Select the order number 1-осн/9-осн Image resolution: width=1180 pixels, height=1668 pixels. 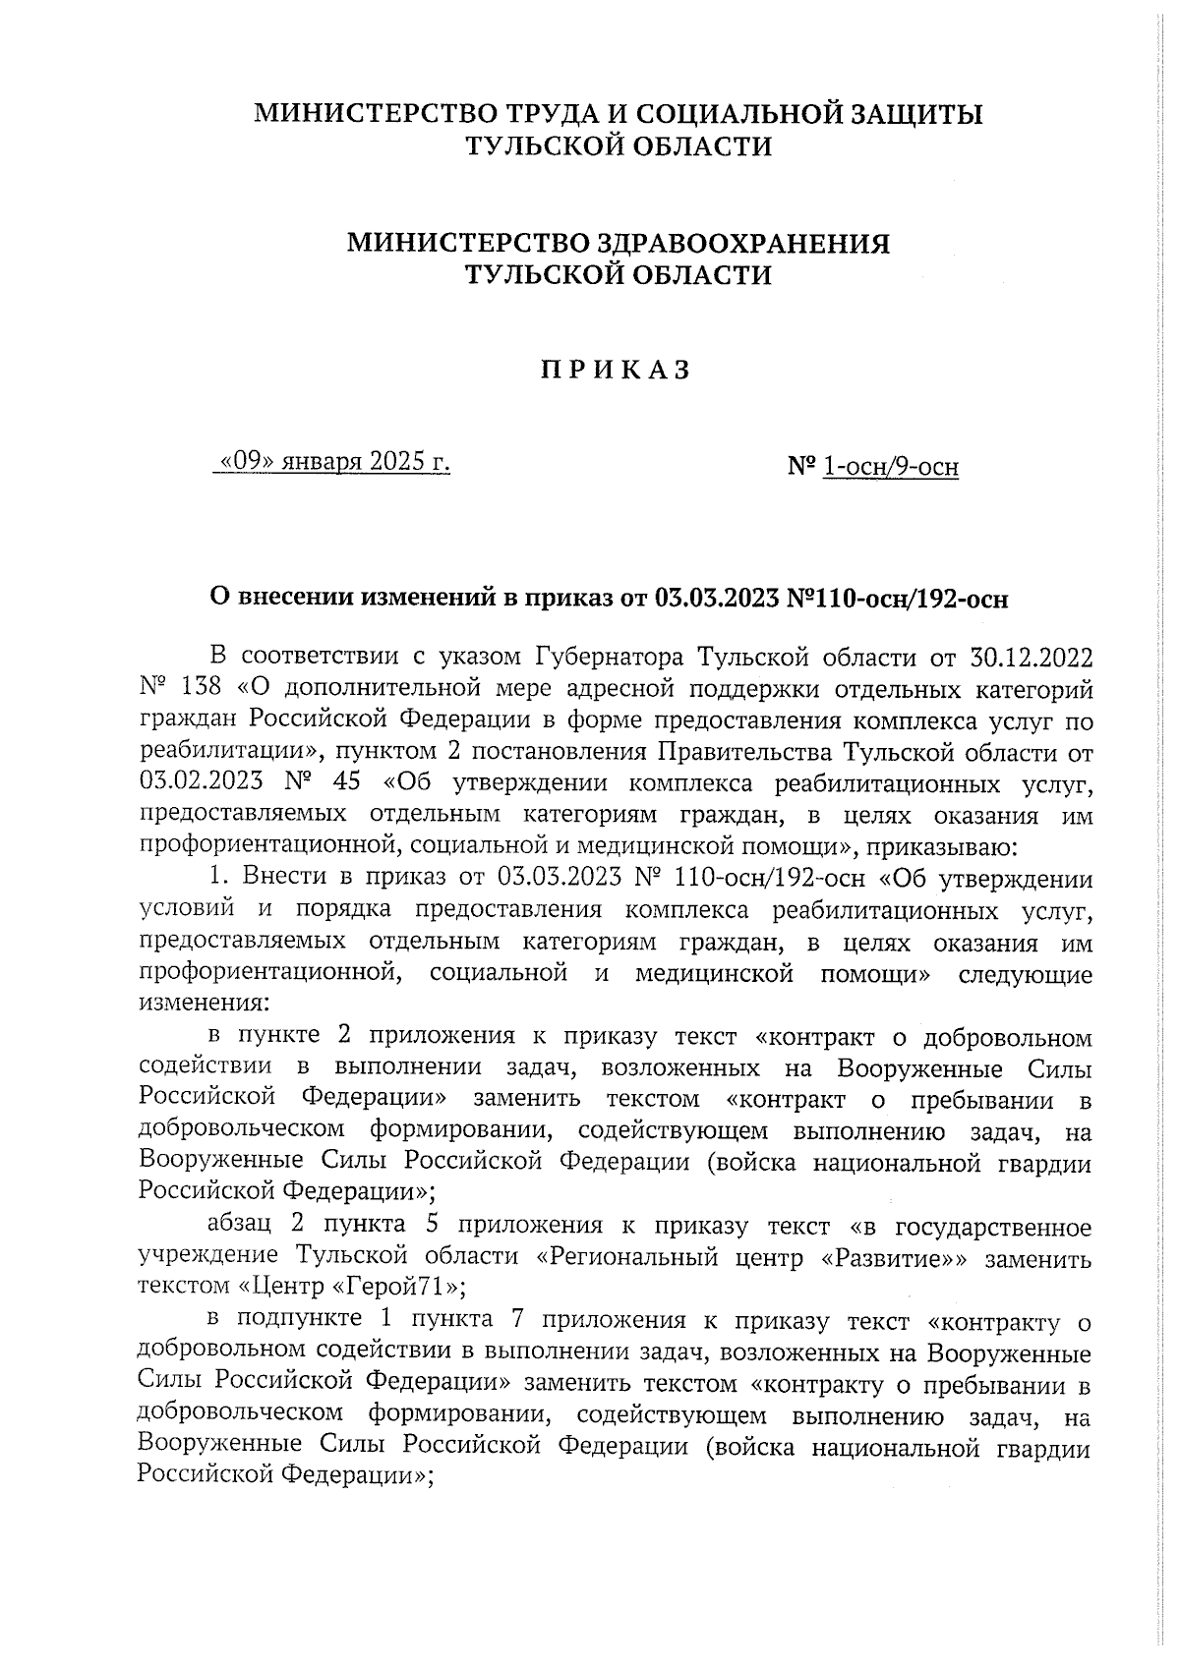coord(890,467)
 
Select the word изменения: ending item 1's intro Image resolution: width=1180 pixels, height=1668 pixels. coord(201,1006)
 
